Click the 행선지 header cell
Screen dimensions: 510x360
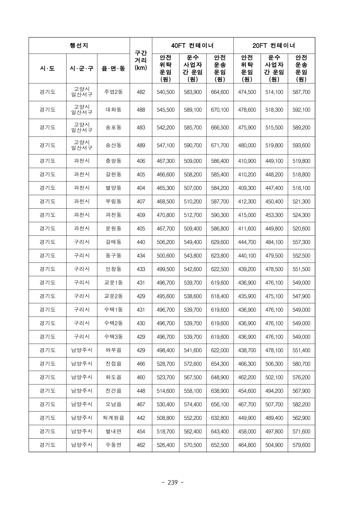[79, 45]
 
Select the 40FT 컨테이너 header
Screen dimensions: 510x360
[192, 45]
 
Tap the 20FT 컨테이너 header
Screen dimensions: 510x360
[274, 45]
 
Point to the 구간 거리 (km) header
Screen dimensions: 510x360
[141, 60]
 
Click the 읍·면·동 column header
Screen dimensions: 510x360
[113, 69]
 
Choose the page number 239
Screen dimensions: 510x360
[173, 483]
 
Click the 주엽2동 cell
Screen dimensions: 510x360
[113, 92]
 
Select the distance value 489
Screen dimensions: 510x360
[141, 145]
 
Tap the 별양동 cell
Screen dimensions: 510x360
[113, 188]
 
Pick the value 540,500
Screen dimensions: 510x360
[166, 92]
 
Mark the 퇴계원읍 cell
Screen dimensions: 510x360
[113, 418]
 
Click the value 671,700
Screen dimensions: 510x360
[220, 145]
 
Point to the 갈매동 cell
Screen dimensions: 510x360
[113, 242]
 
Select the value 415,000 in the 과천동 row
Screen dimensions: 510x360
[247, 215]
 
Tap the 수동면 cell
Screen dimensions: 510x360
[113, 445]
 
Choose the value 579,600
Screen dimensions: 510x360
[301, 445]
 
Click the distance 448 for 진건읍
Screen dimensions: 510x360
[141, 391]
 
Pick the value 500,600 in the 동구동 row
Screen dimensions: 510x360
[166, 256]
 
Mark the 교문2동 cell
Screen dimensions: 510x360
[113, 296]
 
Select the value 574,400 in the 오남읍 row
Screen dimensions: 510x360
[193, 404]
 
